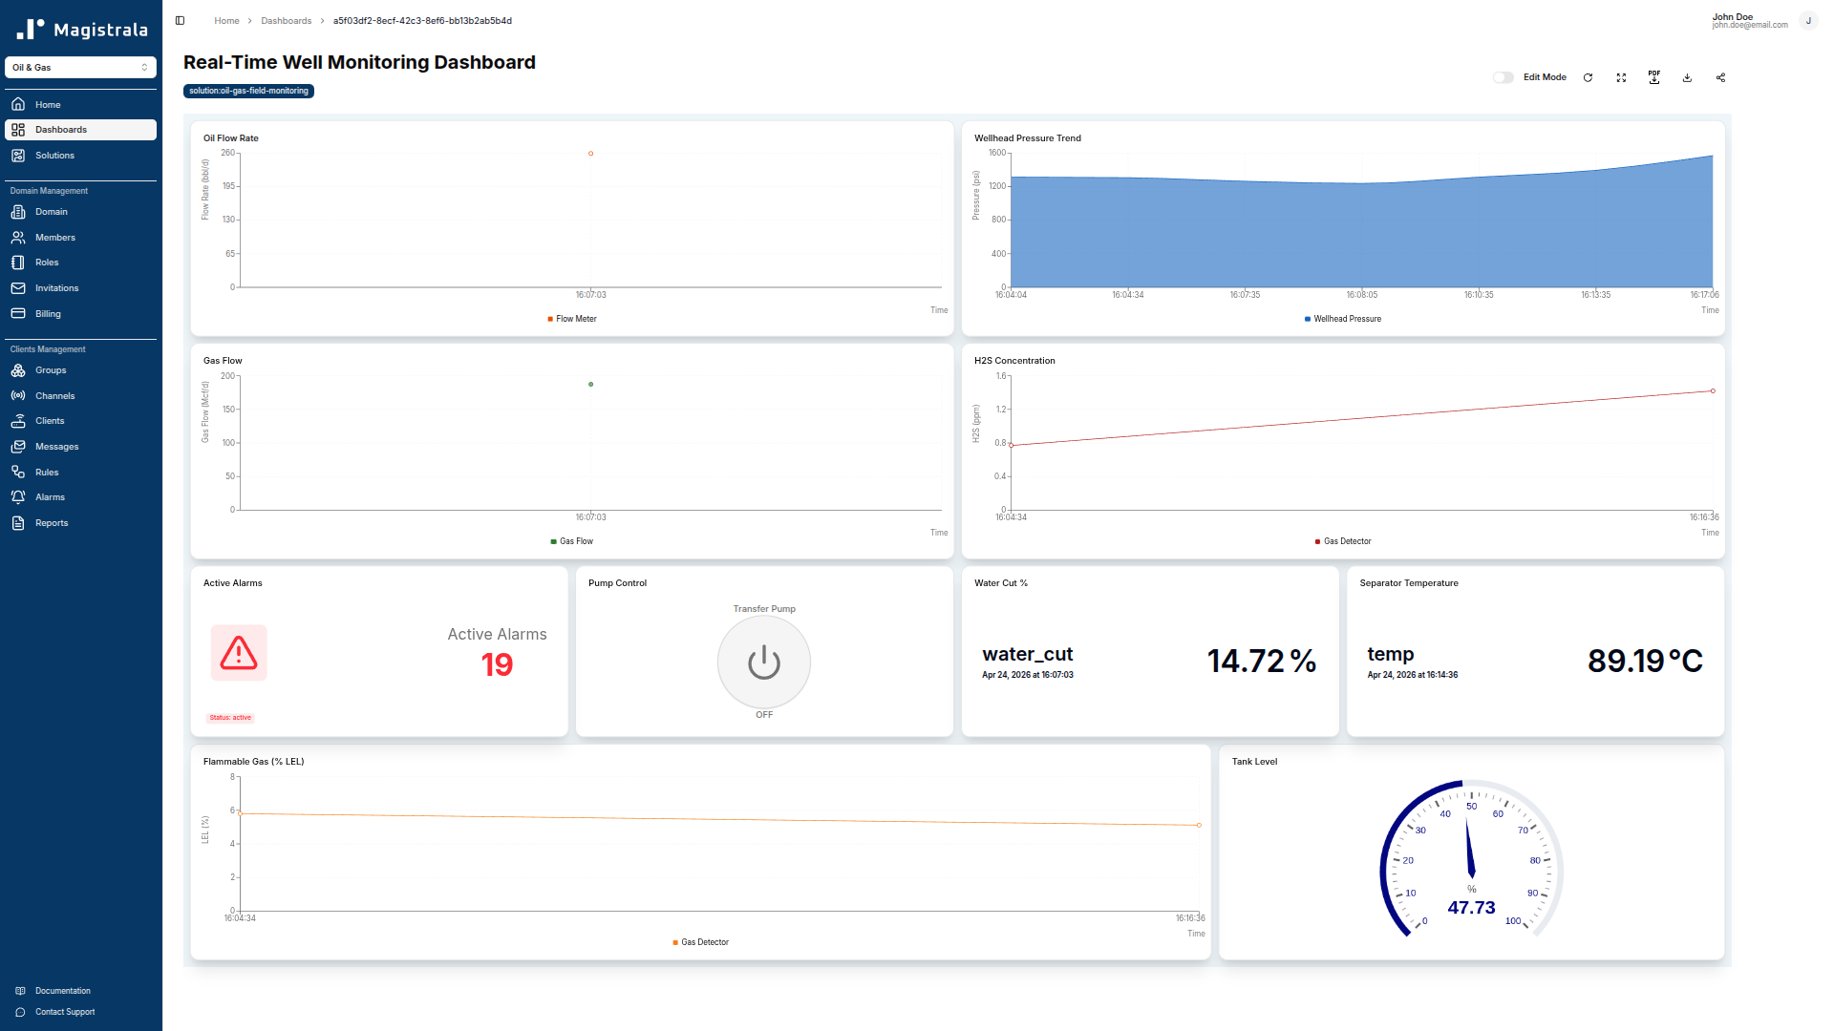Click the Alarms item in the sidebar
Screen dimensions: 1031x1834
(x=50, y=497)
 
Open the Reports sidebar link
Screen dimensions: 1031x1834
(x=52, y=523)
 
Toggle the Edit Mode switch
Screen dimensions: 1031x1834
(x=1503, y=77)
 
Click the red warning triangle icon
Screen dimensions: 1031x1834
(x=239, y=653)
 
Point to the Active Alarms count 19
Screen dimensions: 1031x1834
(x=497, y=664)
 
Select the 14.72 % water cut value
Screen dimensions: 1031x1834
(x=1261, y=661)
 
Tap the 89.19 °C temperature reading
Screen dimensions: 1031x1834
(x=1645, y=661)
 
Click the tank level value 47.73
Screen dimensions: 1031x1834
(x=1471, y=908)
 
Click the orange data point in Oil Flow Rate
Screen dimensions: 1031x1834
(x=590, y=154)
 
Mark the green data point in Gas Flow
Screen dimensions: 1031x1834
(x=590, y=385)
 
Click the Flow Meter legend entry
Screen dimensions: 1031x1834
(x=576, y=319)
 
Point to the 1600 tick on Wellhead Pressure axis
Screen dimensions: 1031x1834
(x=996, y=153)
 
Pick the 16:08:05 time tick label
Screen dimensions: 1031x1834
(x=1361, y=295)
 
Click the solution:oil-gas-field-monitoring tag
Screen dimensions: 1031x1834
(x=248, y=92)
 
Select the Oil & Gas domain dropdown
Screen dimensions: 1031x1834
(x=80, y=68)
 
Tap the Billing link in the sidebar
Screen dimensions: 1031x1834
(x=48, y=314)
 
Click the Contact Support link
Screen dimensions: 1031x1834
(x=65, y=1012)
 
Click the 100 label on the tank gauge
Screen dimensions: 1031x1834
(x=1513, y=921)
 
